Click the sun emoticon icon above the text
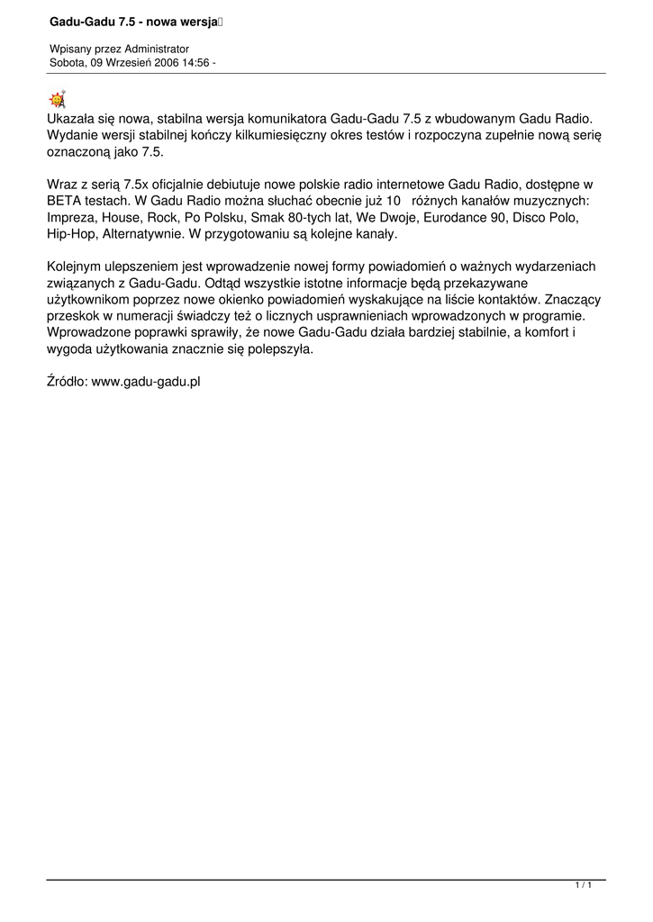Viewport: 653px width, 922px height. (x=57, y=99)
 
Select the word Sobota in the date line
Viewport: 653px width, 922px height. (x=67, y=62)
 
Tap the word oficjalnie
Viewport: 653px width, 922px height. (x=154, y=185)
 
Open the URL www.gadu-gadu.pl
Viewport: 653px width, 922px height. (x=146, y=382)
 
